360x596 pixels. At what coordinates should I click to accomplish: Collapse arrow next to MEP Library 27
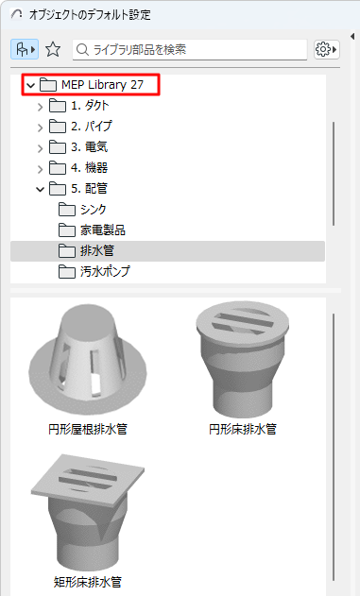[x=31, y=85]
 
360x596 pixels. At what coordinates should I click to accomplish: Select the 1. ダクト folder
[x=89, y=106]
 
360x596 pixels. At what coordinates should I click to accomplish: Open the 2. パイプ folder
[x=91, y=127]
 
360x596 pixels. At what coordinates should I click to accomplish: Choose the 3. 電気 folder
[x=88, y=147]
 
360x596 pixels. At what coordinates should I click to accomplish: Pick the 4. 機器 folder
[x=88, y=168]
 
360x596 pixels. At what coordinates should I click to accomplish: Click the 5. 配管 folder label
[x=89, y=189]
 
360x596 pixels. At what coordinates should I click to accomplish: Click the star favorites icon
[x=53, y=48]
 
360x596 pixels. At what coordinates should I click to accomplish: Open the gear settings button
[x=326, y=48]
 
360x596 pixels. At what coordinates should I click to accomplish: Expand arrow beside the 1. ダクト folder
[x=40, y=106]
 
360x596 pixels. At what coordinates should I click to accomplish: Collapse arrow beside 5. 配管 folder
[x=40, y=189]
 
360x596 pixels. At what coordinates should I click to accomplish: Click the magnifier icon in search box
[x=82, y=48]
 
